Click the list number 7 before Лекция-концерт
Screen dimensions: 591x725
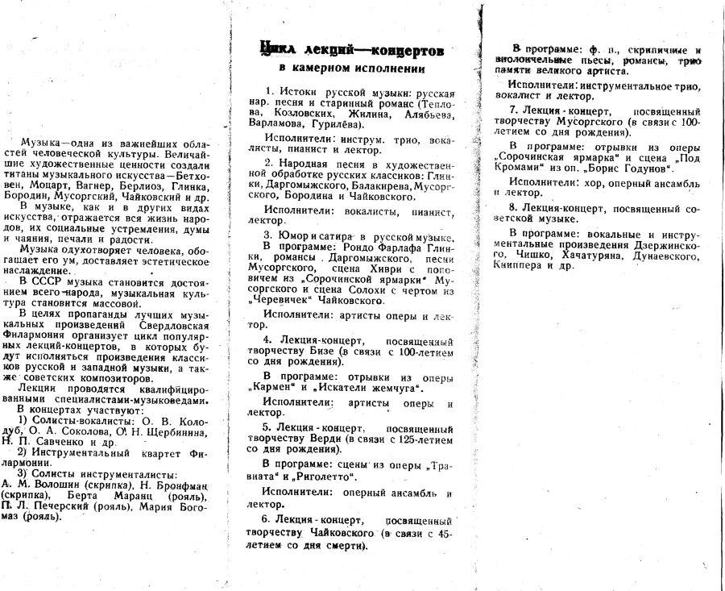pos(512,109)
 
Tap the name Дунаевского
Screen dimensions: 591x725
pos(667,254)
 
